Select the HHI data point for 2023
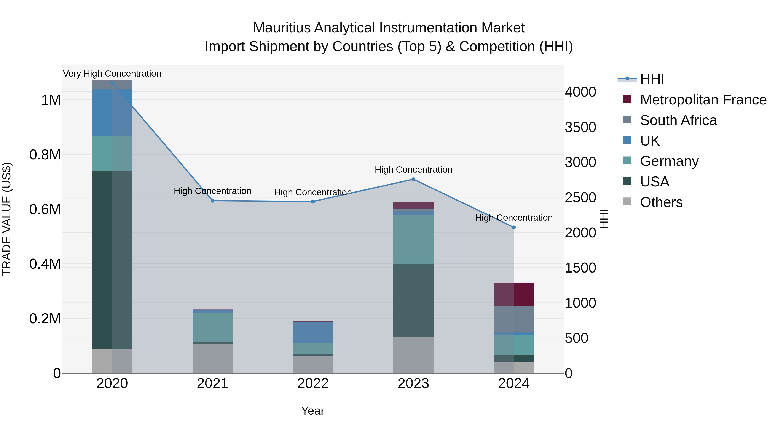pos(413,179)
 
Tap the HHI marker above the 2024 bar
pos(514,227)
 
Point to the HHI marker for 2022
pos(313,202)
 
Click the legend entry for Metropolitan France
pos(703,100)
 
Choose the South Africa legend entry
pos(678,120)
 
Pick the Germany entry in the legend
pos(669,161)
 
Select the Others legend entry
pos(661,202)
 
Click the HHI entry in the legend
pos(652,79)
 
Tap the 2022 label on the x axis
pos(313,383)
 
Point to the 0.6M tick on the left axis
pos(45,209)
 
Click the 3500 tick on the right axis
pos(580,127)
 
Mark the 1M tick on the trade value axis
pos(51,100)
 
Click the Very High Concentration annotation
pos(112,74)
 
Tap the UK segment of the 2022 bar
pos(313,332)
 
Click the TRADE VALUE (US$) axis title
pos(7,219)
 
